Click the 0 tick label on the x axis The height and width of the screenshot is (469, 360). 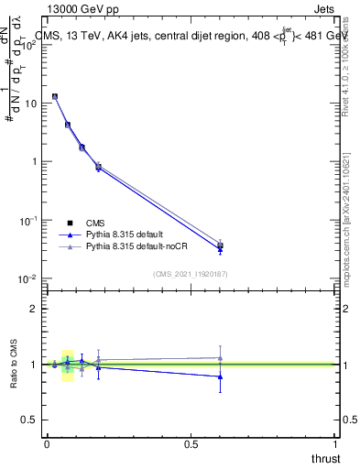pyautogui.click(x=47, y=444)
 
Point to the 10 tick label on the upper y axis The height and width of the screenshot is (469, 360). pyautogui.click(x=30, y=103)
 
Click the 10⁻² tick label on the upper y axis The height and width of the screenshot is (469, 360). pyautogui.click(x=28, y=278)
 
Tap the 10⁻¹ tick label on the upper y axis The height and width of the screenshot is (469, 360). pyautogui.click(x=28, y=220)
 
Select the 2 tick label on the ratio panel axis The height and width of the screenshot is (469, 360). pyautogui.click(x=34, y=309)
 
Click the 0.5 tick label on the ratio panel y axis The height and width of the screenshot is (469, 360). pyautogui.click(x=30, y=420)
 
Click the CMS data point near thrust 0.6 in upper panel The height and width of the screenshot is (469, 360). pyautogui.click(x=220, y=245)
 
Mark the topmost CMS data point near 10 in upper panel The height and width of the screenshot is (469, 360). pyautogui.click(x=55, y=96)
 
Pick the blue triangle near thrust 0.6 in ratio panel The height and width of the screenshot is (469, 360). pyautogui.click(x=220, y=376)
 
